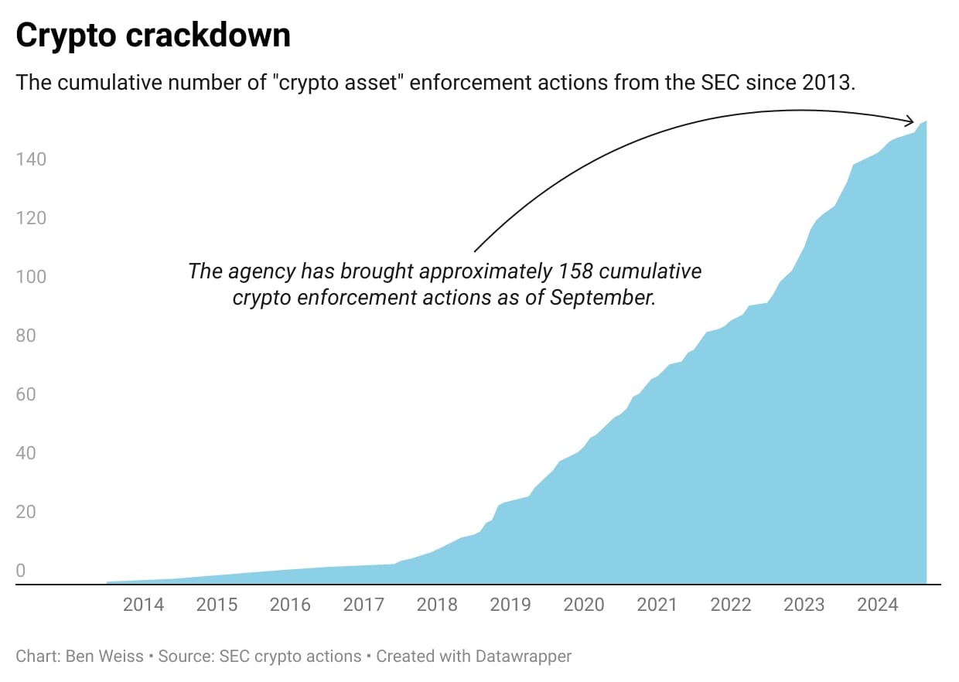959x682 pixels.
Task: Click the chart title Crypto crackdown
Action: (153, 36)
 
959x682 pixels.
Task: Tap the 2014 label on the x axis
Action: (144, 604)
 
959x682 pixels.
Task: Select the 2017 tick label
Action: (363, 604)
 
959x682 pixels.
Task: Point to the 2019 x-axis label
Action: (510, 604)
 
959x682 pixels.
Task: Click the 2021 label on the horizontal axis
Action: (657, 604)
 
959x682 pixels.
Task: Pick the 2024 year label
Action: (877, 604)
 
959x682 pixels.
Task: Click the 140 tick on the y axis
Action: (31, 159)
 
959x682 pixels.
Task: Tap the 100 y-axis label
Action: (31, 277)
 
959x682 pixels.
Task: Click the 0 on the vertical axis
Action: (21, 571)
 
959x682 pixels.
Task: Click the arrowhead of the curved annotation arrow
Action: (911, 121)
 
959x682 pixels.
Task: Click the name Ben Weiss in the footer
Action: (106, 656)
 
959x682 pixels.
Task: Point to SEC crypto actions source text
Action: (290, 656)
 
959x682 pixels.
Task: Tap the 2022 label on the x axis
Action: (731, 604)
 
